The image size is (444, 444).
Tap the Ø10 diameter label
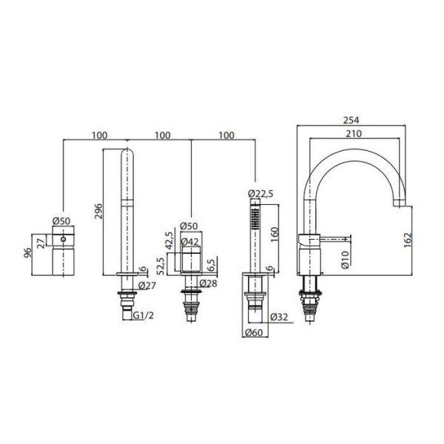point(346,258)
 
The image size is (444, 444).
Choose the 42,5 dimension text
point(170,243)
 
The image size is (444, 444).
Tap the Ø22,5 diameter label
point(262,193)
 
